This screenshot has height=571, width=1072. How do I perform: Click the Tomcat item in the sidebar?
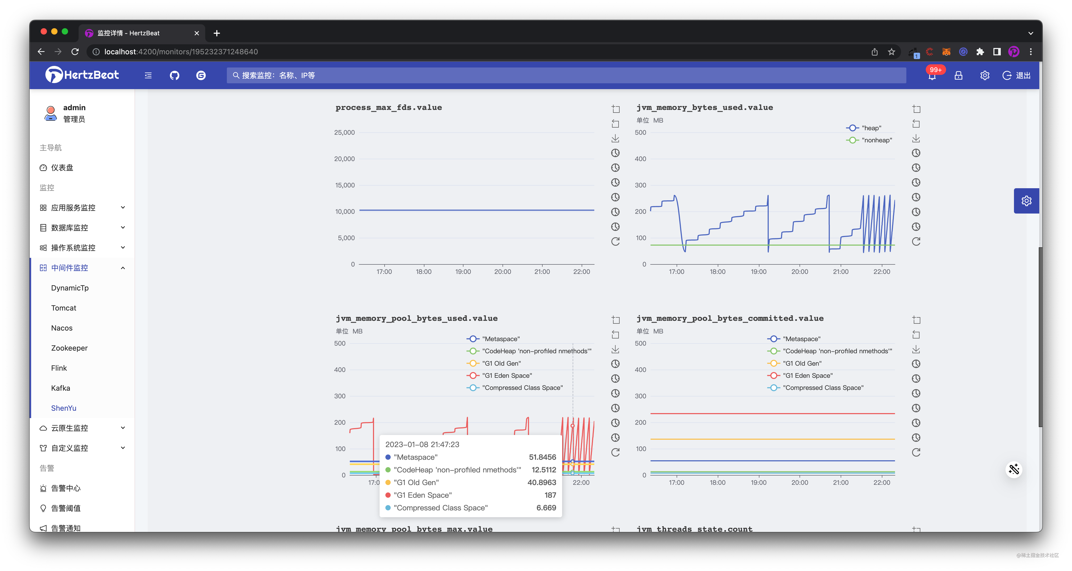coord(64,308)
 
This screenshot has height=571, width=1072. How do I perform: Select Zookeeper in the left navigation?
coord(69,348)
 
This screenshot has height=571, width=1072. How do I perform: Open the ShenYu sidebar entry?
coord(64,408)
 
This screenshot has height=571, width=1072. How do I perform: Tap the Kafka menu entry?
coord(60,388)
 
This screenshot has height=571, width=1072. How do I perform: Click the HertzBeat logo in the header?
coord(82,75)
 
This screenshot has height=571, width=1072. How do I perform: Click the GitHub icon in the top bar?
coord(174,75)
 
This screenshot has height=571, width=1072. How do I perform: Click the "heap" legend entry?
coord(871,128)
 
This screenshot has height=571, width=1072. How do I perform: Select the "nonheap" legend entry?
coord(877,140)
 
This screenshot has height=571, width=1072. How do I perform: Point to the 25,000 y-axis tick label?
coord(344,133)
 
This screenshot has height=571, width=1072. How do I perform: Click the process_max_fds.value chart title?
coord(389,107)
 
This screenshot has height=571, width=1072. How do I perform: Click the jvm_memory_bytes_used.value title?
coord(705,107)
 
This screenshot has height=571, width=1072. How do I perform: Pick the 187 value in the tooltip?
coord(550,495)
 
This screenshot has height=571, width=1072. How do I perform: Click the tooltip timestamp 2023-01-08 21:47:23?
coord(422,444)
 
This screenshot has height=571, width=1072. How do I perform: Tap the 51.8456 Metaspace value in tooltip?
coord(542,457)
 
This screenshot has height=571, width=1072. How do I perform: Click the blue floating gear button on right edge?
coord(1026,201)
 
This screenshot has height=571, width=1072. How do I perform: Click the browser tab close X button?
coord(197,33)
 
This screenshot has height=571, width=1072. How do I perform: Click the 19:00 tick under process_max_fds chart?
coord(463,272)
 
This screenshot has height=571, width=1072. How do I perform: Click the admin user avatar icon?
coord(51,113)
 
